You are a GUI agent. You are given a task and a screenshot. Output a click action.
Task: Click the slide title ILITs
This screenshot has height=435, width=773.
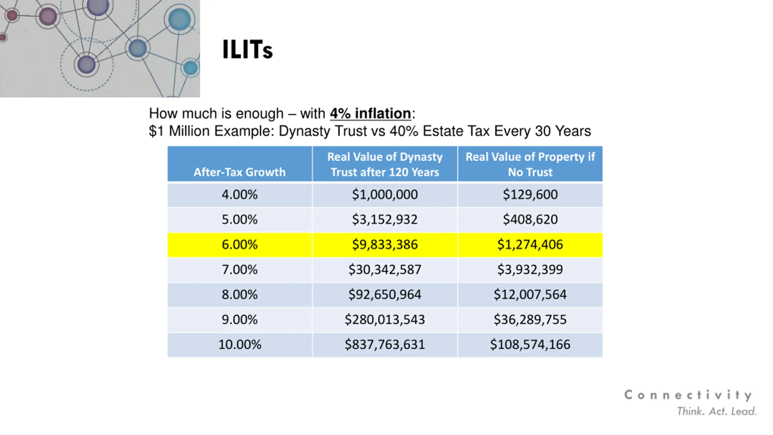247,50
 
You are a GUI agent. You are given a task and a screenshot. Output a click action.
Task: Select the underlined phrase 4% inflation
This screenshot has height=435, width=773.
370,114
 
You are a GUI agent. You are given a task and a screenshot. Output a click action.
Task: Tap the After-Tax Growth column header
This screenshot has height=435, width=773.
239,172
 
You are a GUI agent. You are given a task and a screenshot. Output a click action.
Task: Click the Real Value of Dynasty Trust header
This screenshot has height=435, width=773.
385,164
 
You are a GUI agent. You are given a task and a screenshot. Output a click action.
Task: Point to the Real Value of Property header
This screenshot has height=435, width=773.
530,164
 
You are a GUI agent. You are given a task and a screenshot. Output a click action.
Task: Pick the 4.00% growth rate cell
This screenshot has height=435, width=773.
239,195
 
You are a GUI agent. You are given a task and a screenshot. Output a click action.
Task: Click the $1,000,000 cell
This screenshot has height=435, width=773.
385,195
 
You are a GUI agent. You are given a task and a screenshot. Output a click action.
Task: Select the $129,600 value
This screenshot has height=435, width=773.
530,195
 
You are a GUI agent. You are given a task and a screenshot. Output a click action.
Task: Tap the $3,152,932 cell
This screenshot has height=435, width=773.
385,220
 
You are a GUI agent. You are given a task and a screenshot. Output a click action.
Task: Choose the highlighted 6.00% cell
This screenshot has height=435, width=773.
239,245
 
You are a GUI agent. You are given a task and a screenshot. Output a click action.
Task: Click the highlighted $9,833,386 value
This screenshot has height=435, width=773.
385,245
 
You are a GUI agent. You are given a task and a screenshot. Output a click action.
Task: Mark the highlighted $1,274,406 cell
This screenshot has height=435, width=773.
530,245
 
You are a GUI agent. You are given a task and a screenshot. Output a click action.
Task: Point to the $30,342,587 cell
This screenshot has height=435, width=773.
385,270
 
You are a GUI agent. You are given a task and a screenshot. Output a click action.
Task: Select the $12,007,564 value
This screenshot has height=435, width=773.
530,295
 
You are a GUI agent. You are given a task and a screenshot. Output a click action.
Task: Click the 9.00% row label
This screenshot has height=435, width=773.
239,320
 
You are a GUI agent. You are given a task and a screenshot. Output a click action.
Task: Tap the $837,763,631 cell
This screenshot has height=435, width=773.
385,345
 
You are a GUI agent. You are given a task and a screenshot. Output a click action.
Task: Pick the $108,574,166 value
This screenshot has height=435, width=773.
530,345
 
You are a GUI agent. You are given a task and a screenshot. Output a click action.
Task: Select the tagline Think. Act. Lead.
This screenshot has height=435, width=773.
717,411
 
